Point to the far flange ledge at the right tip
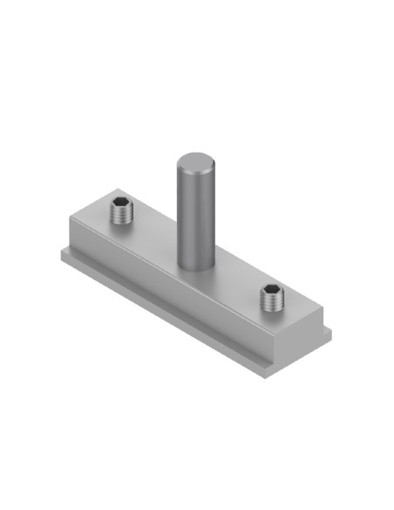tap(329, 330)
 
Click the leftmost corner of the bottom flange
tap(60, 251)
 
